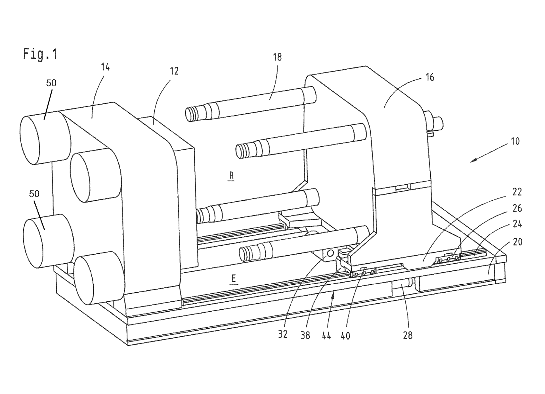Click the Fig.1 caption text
(40, 54)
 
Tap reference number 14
(105, 67)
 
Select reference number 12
(174, 71)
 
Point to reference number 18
(277, 57)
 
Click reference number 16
(430, 77)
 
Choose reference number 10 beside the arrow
(515, 141)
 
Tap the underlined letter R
(231, 176)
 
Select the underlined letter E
(234, 278)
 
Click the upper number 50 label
(51, 83)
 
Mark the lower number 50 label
(34, 194)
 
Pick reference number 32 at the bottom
(283, 335)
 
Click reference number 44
(326, 336)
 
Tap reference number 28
(408, 335)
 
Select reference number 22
(517, 192)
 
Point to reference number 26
(517, 209)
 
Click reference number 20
(517, 242)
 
